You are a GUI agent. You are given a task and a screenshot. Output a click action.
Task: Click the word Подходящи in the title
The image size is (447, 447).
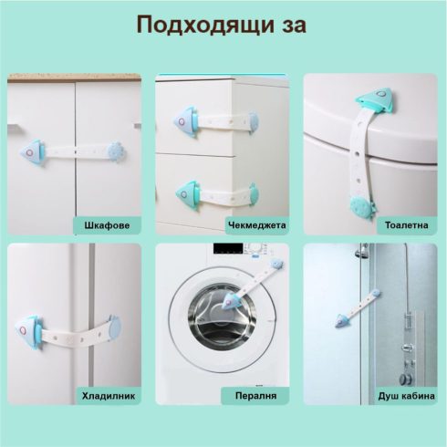[x=204, y=25]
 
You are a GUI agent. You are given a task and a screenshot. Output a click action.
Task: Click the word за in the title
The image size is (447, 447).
[x=293, y=26]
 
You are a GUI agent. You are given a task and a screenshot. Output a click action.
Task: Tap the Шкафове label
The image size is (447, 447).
[x=107, y=225]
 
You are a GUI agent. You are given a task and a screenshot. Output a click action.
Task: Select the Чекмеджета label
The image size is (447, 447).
[x=257, y=225]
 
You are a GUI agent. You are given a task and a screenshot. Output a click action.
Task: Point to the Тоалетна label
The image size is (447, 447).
[x=407, y=225]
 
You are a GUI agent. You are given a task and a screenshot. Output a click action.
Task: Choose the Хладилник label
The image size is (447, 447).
[x=109, y=396]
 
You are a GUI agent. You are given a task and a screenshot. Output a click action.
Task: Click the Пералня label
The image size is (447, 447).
[x=255, y=396]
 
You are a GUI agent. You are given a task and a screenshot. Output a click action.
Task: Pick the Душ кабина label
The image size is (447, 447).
[x=407, y=396]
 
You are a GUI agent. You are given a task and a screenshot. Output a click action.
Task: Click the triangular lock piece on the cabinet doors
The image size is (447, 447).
[x=32, y=152]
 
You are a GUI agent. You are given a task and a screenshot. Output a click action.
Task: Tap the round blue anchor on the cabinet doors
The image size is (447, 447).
[x=116, y=151]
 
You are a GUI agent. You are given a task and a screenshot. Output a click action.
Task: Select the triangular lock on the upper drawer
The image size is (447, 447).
[x=186, y=122]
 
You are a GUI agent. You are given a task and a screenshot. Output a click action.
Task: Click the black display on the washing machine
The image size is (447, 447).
[x=228, y=248]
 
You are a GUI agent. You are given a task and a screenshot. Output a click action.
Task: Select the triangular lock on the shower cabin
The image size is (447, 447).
[x=341, y=320]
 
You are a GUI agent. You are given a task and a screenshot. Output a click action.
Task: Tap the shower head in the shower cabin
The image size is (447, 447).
[x=361, y=252]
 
